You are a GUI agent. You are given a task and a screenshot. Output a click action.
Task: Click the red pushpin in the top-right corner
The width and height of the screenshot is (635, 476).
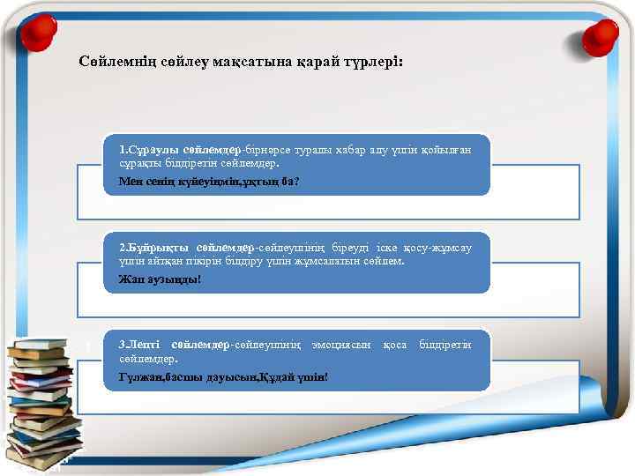pos(603,33)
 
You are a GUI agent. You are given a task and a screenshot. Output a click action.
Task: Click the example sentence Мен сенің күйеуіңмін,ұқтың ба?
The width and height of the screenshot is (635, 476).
pos(209,181)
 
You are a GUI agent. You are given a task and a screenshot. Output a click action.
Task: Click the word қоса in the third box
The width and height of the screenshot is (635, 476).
pos(395,343)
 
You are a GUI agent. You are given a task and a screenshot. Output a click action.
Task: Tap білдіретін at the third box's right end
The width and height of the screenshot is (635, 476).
pos(444,343)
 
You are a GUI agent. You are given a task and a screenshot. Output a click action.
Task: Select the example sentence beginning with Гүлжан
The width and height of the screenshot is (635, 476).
pos(223,376)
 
